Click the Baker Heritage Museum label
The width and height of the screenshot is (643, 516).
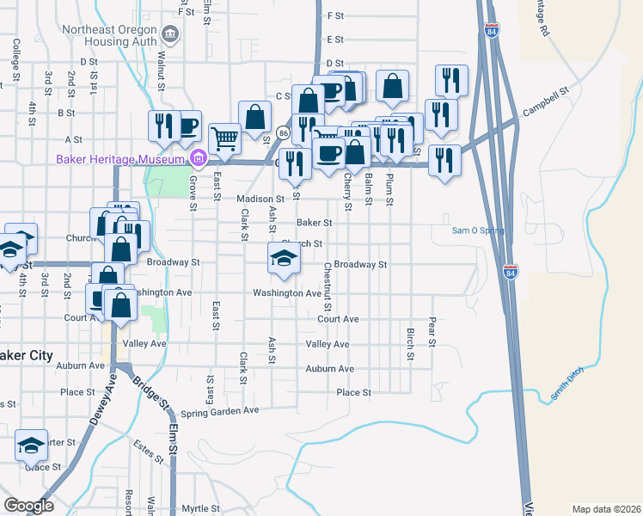click(x=120, y=159)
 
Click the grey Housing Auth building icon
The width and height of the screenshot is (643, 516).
click(x=170, y=35)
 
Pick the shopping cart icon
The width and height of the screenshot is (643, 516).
click(x=224, y=137)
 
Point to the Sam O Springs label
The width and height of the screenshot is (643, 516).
click(x=478, y=230)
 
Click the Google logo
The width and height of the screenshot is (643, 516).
click(x=28, y=506)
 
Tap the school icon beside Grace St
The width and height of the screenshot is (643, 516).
click(x=31, y=445)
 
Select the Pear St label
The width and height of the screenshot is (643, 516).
click(x=432, y=330)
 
